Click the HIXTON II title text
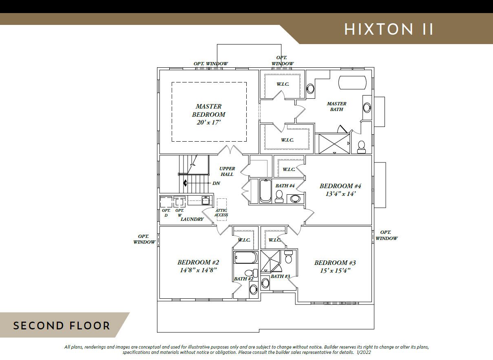tap(389, 29)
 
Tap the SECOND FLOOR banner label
tap(62, 326)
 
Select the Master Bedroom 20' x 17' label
tap(209, 114)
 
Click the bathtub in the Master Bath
tap(352, 82)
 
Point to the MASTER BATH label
tap(336, 107)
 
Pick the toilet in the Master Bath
tap(361, 147)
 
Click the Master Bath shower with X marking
tap(334, 143)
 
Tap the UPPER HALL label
tap(227, 171)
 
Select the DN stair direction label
tap(216, 183)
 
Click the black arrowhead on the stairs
tap(185, 183)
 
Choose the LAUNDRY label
tap(192, 219)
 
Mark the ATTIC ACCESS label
tap(221, 213)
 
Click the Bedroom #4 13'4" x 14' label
tap(340, 190)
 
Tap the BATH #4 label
tap(285, 186)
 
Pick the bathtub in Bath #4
tap(265, 191)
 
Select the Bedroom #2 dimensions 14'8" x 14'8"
tap(198, 270)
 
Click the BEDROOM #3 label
tap(335, 262)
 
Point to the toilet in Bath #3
tap(288, 257)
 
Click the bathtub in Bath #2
tap(246, 258)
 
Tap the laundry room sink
tap(206, 200)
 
